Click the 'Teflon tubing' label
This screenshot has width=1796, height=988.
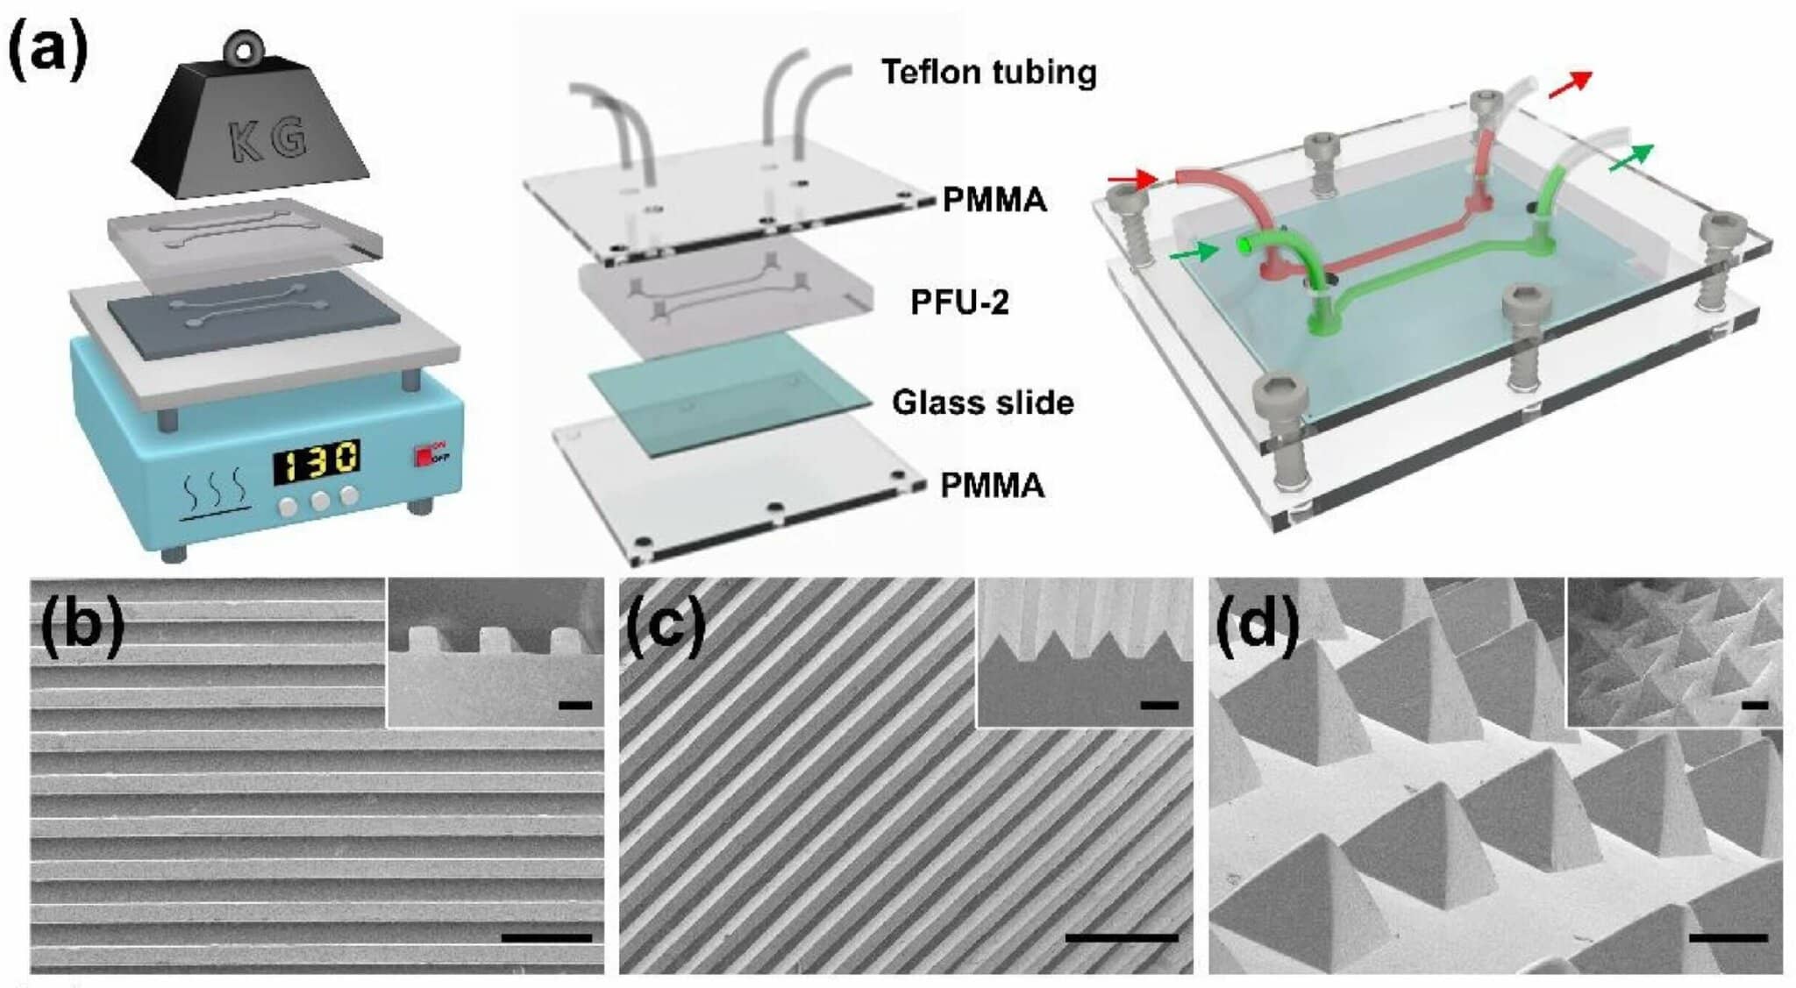(988, 72)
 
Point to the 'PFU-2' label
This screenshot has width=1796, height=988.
(959, 302)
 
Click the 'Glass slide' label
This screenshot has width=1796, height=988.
(982, 402)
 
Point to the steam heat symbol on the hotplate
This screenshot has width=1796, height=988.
(217, 499)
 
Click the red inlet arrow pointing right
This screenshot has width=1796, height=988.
(1132, 181)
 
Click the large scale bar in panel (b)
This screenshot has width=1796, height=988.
(545, 937)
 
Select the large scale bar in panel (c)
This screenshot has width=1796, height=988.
(1122, 937)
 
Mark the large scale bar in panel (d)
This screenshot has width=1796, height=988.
(1728, 937)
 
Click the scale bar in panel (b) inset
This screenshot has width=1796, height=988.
(574, 704)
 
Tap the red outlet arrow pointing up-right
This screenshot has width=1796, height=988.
(1570, 84)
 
